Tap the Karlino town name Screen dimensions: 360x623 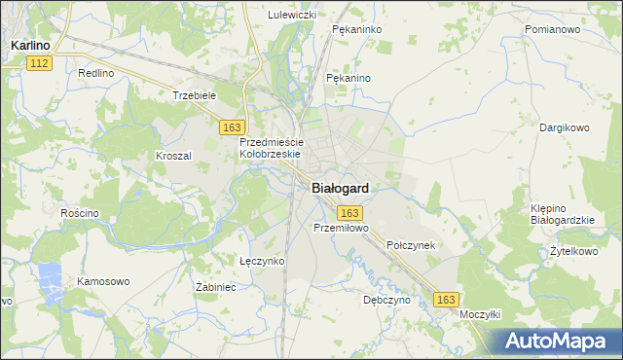click(31, 45)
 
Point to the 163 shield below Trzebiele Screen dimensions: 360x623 click(232, 127)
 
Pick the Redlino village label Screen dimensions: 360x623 click(96, 74)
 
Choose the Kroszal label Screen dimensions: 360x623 click(173, 156)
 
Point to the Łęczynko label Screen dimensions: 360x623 click(262, 261)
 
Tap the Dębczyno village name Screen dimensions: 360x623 click(386, 301)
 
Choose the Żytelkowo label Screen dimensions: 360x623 click(572, 251)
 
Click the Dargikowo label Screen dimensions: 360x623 click(566, 127)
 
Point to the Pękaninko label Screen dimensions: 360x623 click(354, 30)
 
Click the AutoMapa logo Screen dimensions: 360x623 click(559, 341)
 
